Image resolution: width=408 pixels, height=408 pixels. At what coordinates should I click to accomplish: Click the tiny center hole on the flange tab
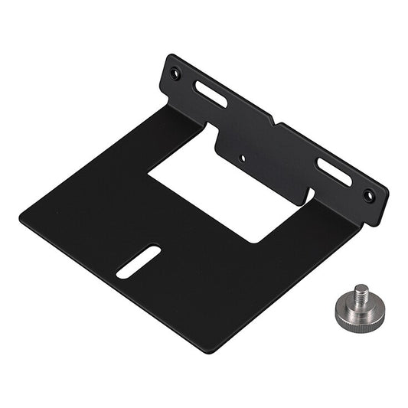click(243, 159)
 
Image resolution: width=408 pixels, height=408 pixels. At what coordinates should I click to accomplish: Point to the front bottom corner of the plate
click(208, 351)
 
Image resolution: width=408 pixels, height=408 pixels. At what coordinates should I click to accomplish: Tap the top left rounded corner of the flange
click(171, 57)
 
